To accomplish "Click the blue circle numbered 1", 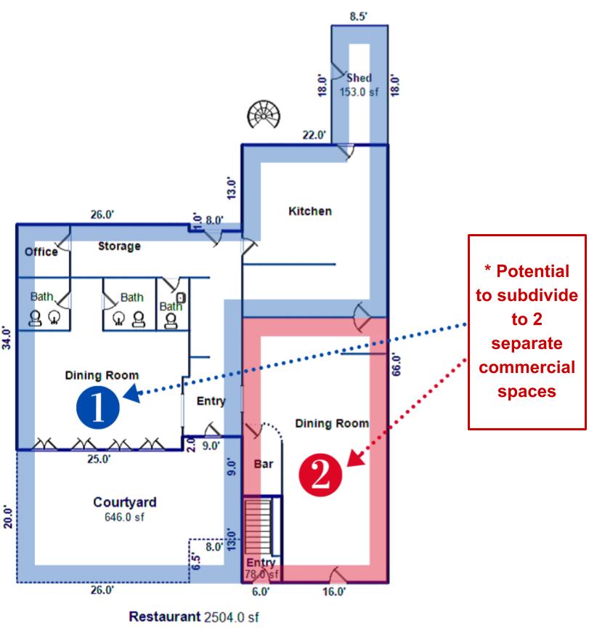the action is click(98, 407).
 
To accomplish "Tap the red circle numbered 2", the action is click(320, 475).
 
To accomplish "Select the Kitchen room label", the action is click(310, 211).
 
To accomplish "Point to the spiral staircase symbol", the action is click(264, 114).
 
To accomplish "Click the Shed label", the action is click(359, 78).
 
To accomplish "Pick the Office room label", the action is click(41, 252).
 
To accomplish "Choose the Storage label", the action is click(119, 246).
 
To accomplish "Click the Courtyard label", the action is click(125, 502).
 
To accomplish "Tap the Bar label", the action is click(264, 464).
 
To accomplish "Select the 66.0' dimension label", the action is click(396, 365).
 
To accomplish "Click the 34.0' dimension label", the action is click(7, 337).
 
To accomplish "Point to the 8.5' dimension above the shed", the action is click(358, 16).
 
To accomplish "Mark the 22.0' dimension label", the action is click(314, 134).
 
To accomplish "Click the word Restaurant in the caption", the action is click(165, 616).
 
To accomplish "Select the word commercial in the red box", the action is click(527, 367).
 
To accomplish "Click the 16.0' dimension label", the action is click(334, 591).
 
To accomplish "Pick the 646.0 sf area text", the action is click(124, 517).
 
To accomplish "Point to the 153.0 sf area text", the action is click(359, 92).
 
